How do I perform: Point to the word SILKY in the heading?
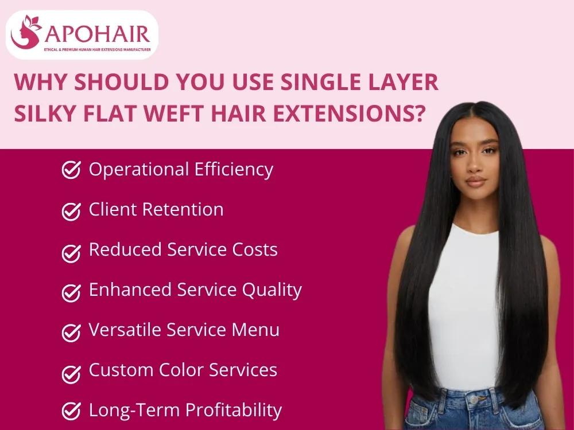click(x=47, y=112)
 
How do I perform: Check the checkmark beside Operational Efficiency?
click(x=71, y=170)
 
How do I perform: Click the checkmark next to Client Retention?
click(x=71, y=211)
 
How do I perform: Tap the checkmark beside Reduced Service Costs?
click(x=71, y=251)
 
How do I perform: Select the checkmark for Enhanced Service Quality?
click(x=71, y=291)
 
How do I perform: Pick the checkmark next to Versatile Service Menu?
click(x=71, y=331)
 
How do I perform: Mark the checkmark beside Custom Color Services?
click(x=71, y=372)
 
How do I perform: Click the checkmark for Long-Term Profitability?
click(x=71, y=411)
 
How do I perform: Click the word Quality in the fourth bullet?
click(x=272, y=291)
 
